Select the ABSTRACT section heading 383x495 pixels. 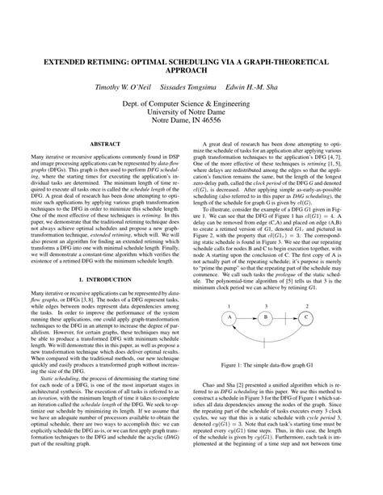coord(105,144)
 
